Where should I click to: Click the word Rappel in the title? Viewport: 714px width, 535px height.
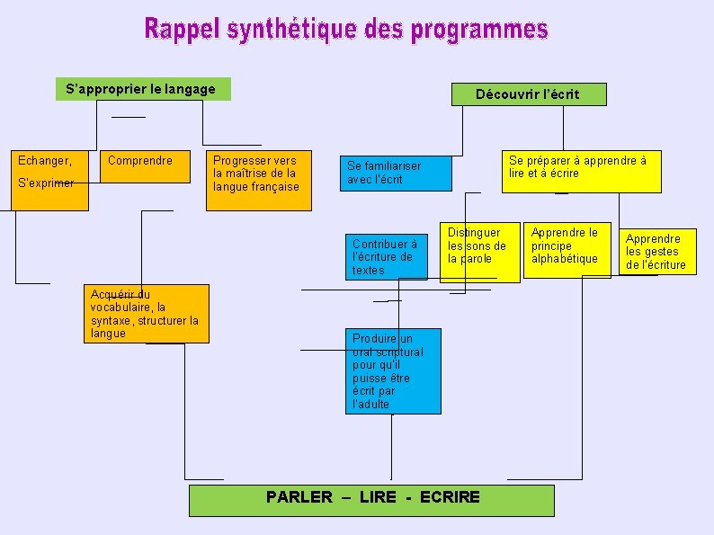pos(183,30)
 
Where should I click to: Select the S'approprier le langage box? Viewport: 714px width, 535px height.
pos(141,89)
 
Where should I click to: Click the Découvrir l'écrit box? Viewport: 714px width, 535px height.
pos(528,94)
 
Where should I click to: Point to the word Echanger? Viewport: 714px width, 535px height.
pos(45,161)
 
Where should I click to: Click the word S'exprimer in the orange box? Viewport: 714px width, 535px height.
pos(46,183)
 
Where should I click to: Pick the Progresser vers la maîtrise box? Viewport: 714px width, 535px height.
pos(258,180)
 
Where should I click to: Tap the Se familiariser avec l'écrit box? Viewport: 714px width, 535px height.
pos(395,173)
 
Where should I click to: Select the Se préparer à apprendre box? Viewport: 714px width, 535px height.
pos(580,171)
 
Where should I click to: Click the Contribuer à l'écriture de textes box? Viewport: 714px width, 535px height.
pos(387,256)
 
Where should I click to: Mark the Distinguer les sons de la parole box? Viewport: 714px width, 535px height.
pos(479,252)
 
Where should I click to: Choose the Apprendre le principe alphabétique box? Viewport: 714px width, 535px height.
pos(567,249)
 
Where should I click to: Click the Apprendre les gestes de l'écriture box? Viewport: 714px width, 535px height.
pos(659,251)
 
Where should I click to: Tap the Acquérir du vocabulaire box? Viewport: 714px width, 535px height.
pos(149,314)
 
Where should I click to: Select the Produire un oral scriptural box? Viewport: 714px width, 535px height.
pos(393,370)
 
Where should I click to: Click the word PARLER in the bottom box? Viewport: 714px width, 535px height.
pos(299,497)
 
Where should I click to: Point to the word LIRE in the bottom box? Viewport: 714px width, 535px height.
pos(378,497)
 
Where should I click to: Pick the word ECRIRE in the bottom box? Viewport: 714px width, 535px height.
pos(450,497)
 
